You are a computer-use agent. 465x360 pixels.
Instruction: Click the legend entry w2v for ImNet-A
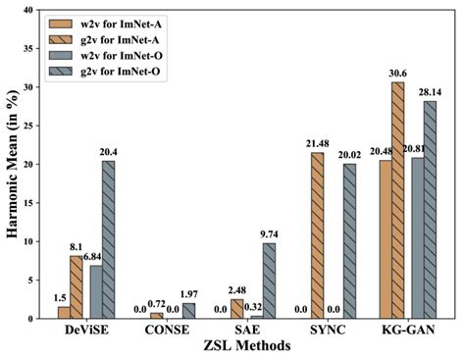126,23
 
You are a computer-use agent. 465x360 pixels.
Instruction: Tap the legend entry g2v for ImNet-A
126,41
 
